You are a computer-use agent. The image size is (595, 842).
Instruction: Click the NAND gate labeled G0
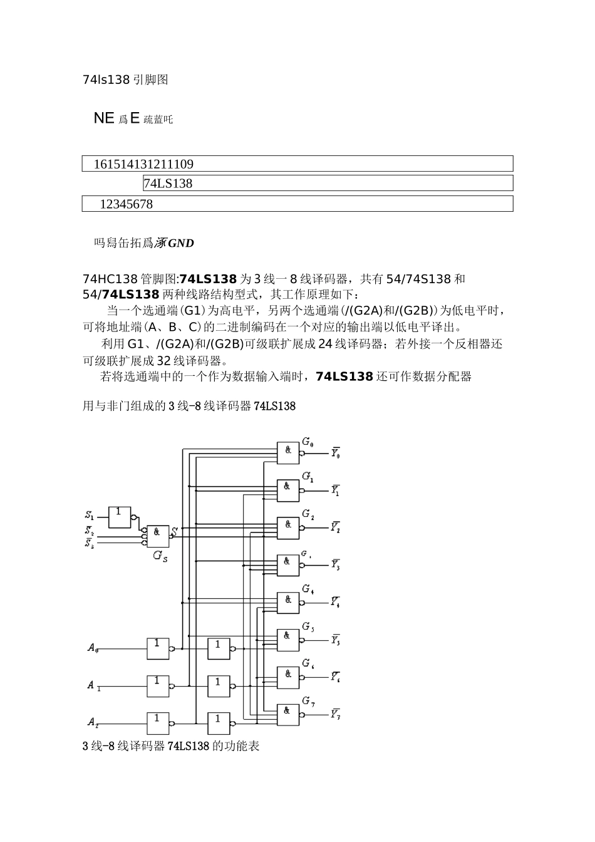pos(288,452)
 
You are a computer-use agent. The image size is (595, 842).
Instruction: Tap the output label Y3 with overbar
pos(336,564)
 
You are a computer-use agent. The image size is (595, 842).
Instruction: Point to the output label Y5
pos(336,640)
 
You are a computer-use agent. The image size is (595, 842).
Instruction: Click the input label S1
pos(90,516)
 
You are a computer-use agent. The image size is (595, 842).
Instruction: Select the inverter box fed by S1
pos(119,516)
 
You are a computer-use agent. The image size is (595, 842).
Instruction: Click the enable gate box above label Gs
pos(157,536)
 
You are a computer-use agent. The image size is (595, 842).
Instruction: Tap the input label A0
pos(92,648)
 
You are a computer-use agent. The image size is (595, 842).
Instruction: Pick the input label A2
pos(92,723)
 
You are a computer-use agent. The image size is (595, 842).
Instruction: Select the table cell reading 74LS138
pos(168,184)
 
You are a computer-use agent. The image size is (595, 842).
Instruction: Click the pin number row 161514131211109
pos(143,164)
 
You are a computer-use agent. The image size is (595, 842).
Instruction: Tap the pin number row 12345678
pos(126,204)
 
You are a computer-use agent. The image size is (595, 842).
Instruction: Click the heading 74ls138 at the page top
pos(106,80)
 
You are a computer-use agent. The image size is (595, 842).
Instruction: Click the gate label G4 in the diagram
pos(308,589)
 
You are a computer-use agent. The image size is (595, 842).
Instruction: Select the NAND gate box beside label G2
pos(288,526)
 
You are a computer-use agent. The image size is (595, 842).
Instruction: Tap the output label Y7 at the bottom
pos(336,714)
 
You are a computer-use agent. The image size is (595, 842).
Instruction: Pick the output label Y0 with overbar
pos(336,452)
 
